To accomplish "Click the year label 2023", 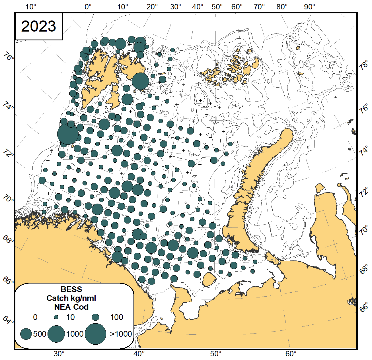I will tap(39, 26).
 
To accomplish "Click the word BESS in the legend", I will tap(71, 289).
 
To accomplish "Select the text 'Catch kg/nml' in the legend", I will tap(71, 298).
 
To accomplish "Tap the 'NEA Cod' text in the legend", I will tap(71, 307).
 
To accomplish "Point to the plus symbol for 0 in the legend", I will tap(26, 317).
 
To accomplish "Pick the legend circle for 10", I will tap(56, 317).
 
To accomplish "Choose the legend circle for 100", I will tap(95, 317).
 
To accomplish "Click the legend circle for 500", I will tap(26, 334).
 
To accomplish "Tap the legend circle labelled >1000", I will tap(95, 334).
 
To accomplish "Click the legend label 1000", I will tap(75, 334).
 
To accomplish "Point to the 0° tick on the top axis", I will tap(88, 7).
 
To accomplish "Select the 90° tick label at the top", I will tap(309, 7).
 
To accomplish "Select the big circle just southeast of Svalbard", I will tap(140, 81).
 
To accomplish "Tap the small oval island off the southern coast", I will tap(209, 280).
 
